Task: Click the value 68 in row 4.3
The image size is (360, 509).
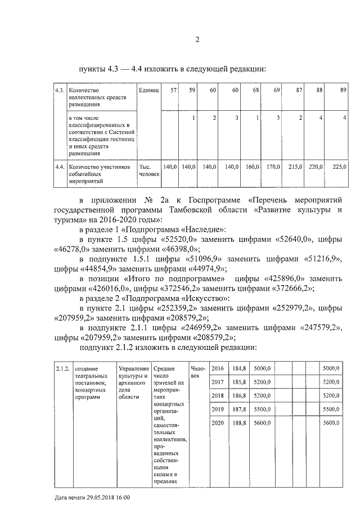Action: click(x=256, y=90)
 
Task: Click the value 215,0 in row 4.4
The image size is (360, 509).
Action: click(x=296, y=167)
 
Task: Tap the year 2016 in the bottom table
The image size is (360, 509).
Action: click(x=218, y=368)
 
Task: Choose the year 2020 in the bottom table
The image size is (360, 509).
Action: click(x=218, y=422)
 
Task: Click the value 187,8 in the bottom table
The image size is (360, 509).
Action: click(x=240, y=409)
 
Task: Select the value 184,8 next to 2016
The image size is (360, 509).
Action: click(x=240, y=368)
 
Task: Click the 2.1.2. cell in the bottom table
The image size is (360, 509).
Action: click(x=62, y=368)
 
